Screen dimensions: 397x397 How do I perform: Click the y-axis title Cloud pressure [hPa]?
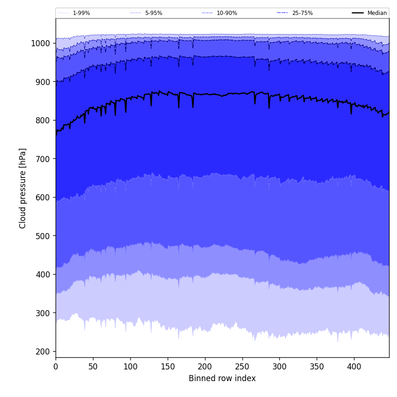coord(23,188)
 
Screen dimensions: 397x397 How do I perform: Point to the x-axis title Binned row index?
coord(222,378)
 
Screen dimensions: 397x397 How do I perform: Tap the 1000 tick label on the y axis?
coord(40,43)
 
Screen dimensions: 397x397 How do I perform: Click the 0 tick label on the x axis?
coord(56,367)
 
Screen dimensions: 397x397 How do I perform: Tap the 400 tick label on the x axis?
coord(354,367)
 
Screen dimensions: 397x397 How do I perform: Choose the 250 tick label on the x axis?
coord(242,367)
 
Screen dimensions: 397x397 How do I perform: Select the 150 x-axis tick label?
coord(168,367)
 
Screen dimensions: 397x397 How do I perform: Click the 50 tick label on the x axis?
coord(93,367)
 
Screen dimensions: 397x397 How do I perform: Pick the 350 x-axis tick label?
coord(317,367)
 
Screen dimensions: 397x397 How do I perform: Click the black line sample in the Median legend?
coord(358,13)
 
